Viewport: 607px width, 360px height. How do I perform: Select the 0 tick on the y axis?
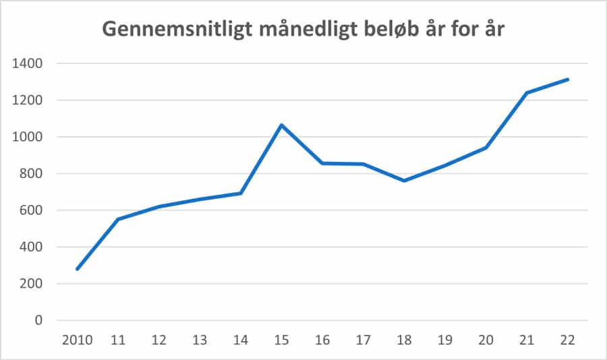(x=38, y=320)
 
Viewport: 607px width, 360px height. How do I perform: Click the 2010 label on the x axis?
(x=77, y=340)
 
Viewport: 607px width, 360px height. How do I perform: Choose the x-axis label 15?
(x=281, y=340)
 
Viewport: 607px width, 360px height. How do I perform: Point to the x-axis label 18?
(x=404, y=340)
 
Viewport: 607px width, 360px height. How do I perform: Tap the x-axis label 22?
(x=567, y=340)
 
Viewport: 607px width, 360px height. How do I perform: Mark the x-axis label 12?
(x=158, y=340)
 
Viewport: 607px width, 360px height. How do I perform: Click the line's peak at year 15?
(x=281, y=125)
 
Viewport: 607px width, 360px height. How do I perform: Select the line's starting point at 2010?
(x=77, y=269)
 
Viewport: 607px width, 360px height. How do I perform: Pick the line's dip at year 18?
(x=404, y=181)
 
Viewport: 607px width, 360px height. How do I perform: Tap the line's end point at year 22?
(x=568, y=79)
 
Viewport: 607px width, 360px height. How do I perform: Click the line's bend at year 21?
(x=527, y=93)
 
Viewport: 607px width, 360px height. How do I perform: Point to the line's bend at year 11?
(x=118, y=219)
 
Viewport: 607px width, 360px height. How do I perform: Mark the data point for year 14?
(x=241, y=193)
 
